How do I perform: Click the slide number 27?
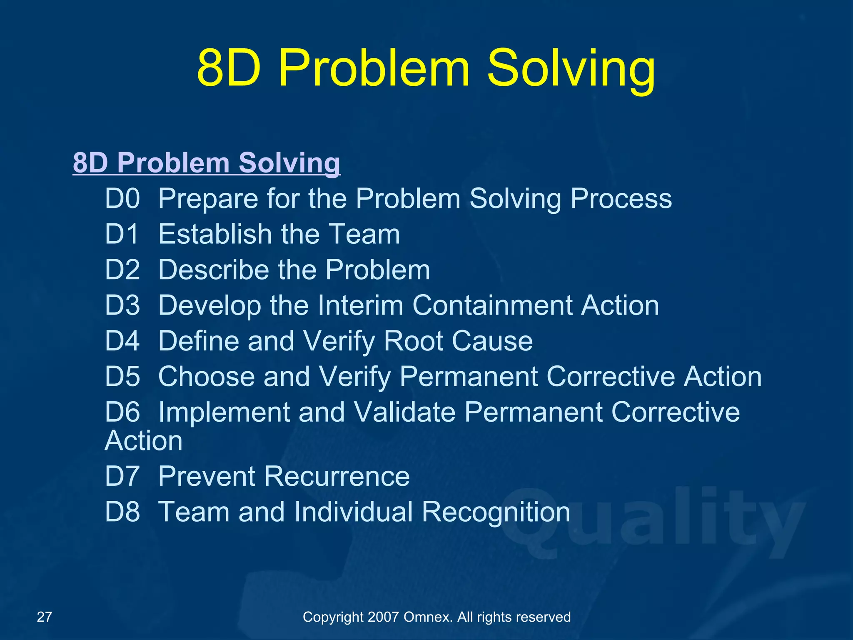[45, 617]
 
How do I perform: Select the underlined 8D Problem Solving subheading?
[207, 162]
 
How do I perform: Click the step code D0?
[122, 198]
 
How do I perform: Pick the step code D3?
[122, 305]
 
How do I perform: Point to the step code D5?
[122, 377]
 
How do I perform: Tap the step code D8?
[122, 512]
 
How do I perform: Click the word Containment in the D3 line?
[492, 305]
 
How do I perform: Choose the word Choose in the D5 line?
[206, 377]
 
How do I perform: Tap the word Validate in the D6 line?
[404, 412]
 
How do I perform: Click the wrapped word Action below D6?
[144, 441]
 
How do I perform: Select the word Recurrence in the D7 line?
[337, 476]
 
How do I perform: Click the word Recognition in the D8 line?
[496, 512]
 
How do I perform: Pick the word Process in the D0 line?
[621, 198]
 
